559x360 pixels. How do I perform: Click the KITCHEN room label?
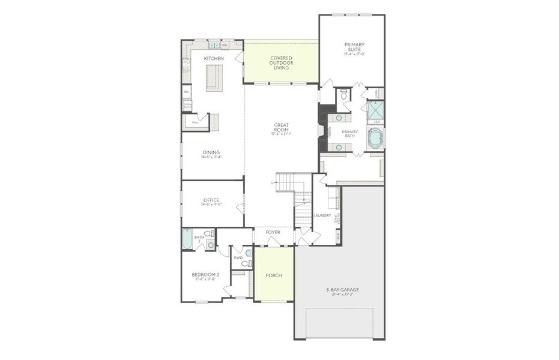(214, 58)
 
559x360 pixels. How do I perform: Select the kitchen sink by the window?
(213, 46)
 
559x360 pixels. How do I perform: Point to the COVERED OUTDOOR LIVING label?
(280, 63)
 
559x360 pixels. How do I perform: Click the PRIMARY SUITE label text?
(354, 48)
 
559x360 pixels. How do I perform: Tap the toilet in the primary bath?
(344, 95)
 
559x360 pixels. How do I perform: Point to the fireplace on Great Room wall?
(321, 132)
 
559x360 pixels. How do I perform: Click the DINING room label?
(211, 152)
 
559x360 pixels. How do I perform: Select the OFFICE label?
(211, 200)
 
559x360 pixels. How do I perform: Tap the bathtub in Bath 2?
(187, 241)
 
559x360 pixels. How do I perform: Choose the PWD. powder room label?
(238, 257)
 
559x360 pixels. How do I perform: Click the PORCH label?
(274, 275)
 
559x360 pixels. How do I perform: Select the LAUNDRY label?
(322, 215)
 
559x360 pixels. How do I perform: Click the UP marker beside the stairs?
(273, 182)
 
